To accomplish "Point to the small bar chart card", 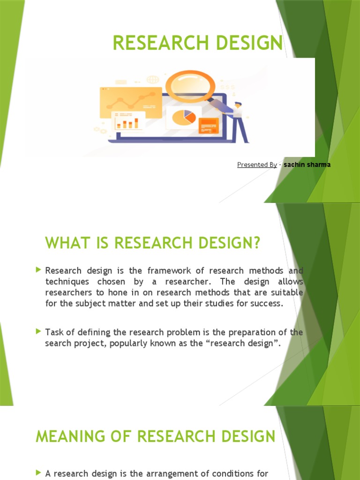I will coord(127,121).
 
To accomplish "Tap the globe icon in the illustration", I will coord(153,80).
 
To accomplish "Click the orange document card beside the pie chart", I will coord(209,125).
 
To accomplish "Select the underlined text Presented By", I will coord(257,165).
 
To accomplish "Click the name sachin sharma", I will coord(307,165).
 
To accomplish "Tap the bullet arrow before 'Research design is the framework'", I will coord(38,270).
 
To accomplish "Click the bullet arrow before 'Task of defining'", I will coord(38,331).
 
